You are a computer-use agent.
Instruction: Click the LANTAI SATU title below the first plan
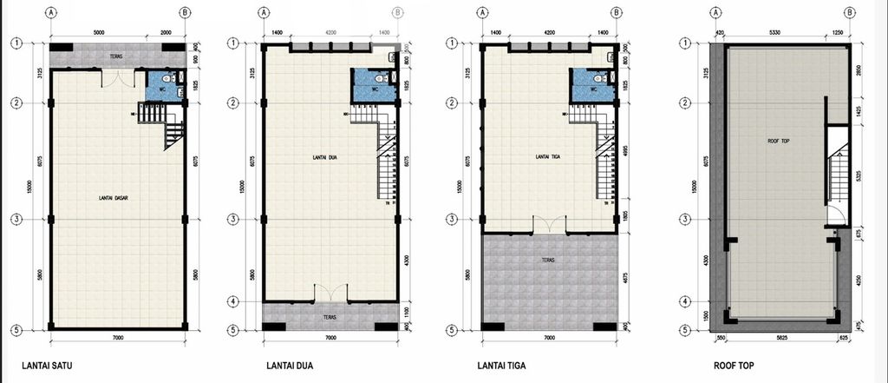[47, 366]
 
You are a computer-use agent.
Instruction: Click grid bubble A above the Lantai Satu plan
[53, 13]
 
